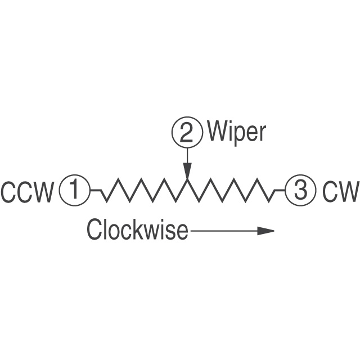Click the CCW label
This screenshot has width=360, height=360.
pos(28,192)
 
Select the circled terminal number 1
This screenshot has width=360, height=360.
pos(74,191)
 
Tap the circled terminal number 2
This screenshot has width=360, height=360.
pos(186,133)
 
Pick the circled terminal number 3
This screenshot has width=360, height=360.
pos(301,191)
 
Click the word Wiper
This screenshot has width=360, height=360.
pos(236,133)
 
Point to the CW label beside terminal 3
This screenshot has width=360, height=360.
pos(341,192)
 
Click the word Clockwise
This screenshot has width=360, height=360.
pos(137,230)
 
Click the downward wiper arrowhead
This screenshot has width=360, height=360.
pos(187,170)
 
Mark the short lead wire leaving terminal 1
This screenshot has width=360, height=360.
pos(96,191)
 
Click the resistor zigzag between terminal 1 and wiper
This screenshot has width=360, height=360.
pos(143,191)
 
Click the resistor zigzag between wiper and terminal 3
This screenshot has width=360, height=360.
pos(231,191)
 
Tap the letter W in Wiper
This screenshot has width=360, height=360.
pos(217,133)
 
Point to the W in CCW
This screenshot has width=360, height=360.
pos(44,192)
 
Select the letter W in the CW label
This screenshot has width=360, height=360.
pos(348,192)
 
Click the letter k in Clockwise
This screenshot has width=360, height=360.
pos(143,230)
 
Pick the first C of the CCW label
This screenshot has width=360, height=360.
pos(9,192)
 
